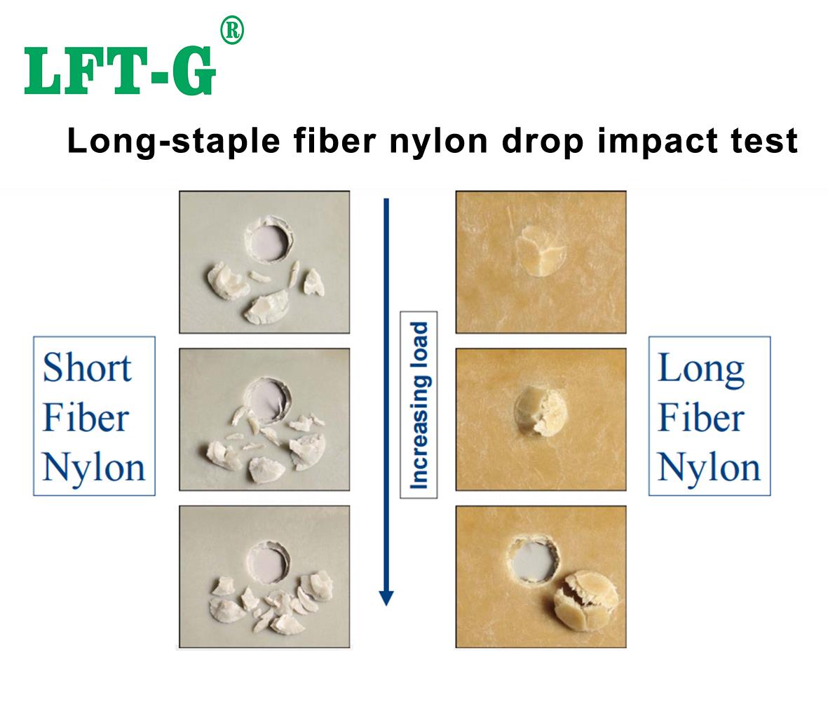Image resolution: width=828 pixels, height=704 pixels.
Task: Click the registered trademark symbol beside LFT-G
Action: [232, 32]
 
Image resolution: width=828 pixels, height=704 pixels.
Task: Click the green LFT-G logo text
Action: [119, 72]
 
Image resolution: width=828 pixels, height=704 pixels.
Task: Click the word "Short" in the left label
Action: [87, 368]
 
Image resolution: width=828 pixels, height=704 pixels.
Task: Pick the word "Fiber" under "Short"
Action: [86, 418]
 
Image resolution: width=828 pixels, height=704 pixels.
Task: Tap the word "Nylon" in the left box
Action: [93, 468]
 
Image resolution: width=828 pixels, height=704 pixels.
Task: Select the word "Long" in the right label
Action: [700, 368]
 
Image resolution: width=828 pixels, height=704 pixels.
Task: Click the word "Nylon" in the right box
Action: [708, 468]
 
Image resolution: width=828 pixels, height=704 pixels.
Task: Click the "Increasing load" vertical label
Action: [419, 405]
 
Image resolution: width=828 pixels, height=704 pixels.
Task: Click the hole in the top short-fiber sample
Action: [269, 242]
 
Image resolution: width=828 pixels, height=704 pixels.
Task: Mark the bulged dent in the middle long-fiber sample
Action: [540, 409]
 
